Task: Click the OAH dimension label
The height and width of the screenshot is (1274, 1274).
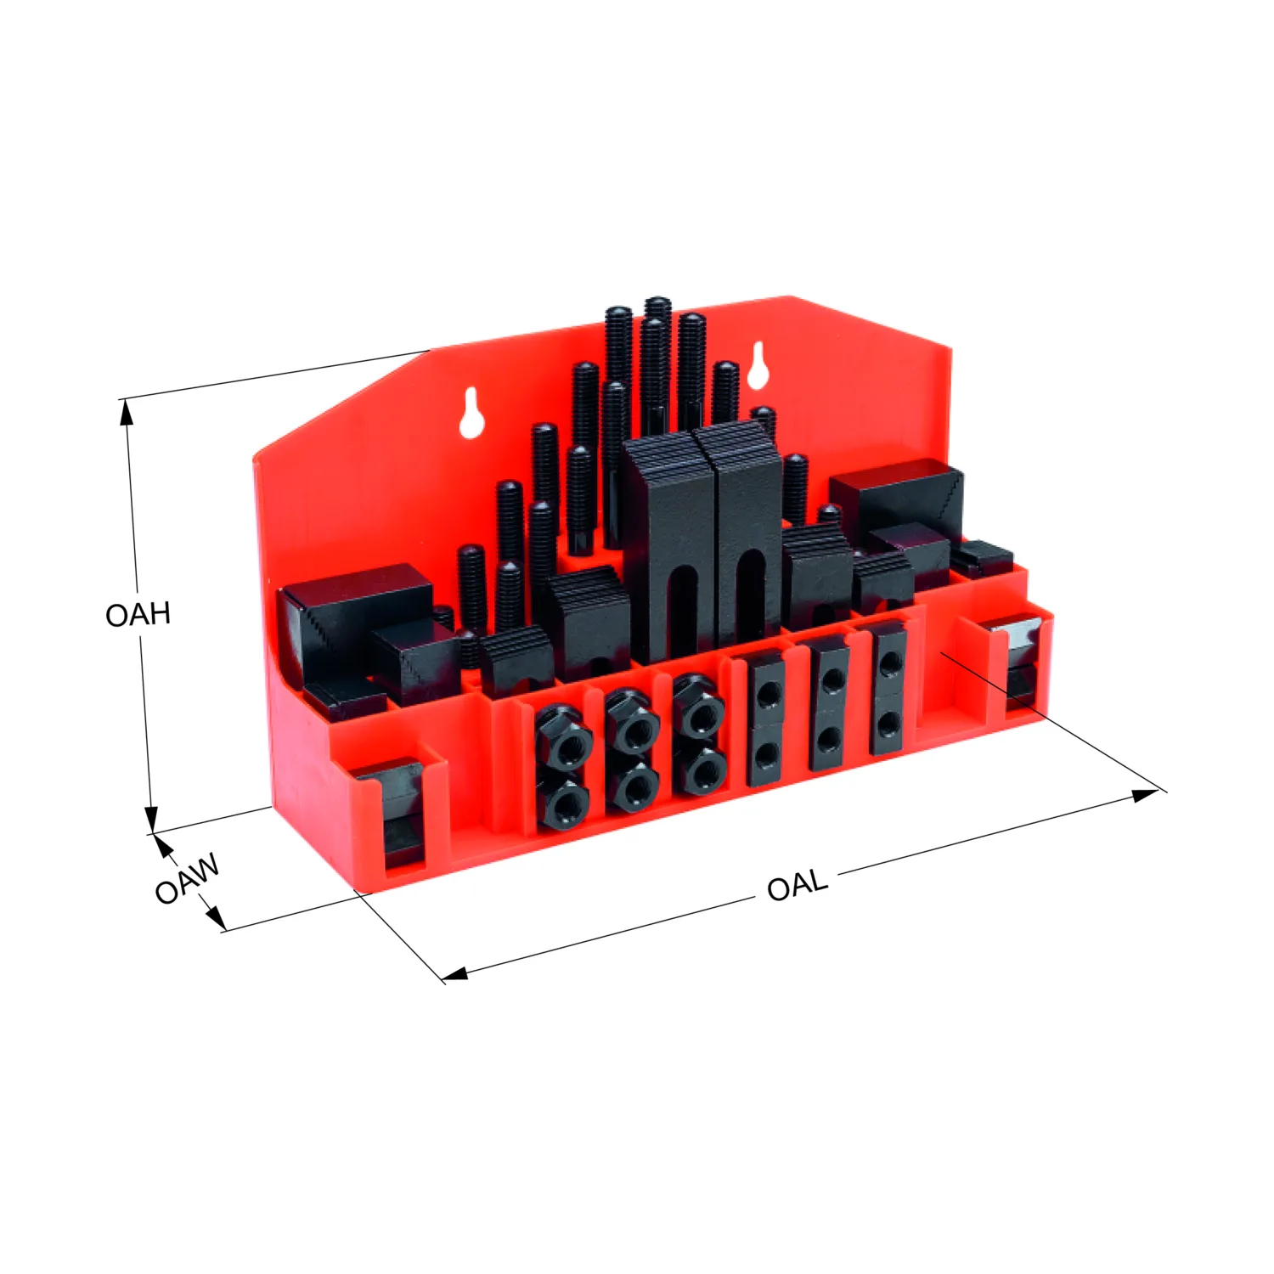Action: pos(138,614)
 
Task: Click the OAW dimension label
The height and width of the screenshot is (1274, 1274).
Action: pos(187,878)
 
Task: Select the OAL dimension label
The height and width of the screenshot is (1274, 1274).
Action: pos(797,885)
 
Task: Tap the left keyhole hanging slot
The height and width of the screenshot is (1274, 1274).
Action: pos(471,414)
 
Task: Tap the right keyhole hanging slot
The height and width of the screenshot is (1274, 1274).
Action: pos(758,366)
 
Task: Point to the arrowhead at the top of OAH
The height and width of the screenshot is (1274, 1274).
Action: pos(127,410)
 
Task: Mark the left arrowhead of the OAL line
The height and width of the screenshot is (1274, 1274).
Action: pos(455,974)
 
